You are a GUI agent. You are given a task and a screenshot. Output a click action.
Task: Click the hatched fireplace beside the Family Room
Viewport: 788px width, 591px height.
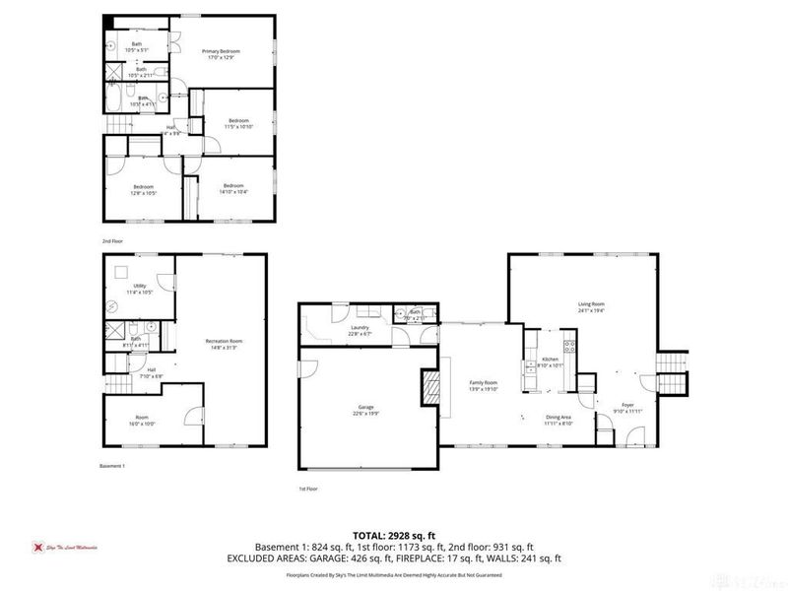point(430,386)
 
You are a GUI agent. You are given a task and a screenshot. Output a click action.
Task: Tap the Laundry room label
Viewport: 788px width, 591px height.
point(360,330)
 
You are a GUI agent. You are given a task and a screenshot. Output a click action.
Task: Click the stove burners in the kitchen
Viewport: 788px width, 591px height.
point(568,344)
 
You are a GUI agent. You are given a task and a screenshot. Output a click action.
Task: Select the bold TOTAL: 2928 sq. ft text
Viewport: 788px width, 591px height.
point(394,534)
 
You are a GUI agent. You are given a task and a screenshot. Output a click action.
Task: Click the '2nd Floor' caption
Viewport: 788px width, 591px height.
point(112,240)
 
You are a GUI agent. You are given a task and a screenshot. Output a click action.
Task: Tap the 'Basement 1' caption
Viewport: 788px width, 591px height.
point(113,465)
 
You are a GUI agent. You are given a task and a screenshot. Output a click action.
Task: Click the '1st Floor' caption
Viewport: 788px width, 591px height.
point(309,489)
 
